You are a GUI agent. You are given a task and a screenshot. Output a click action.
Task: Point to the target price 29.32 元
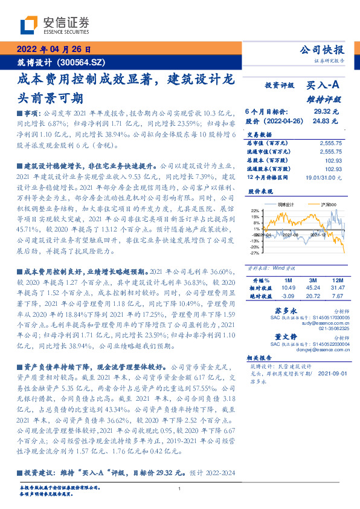click(x=329, y=112)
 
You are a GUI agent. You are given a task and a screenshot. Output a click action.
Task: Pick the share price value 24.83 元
click(x=329, y=121)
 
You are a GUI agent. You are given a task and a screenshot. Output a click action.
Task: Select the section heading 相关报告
click(x=260, y=357)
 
